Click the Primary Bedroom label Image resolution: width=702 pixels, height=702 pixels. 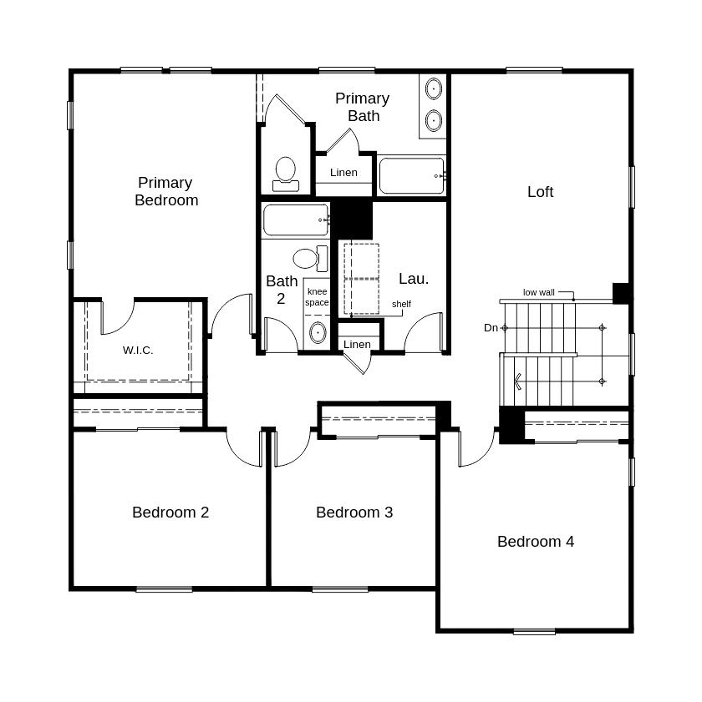(166, 191)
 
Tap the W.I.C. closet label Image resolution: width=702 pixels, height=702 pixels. (138, 351)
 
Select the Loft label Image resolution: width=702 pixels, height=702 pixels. (540, 192)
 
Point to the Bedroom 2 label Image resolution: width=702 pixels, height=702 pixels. (170, 513)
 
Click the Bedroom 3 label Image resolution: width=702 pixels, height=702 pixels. (354, 513)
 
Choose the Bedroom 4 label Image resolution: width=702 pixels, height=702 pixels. (536, 542)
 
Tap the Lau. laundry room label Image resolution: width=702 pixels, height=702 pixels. (414, 279)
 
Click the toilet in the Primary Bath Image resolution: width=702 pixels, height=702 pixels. (286, 172)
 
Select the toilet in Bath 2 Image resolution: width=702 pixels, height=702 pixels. (306, 257)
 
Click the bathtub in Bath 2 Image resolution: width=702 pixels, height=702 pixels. (295, 220)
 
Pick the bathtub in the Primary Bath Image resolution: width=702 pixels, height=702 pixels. (411, 176)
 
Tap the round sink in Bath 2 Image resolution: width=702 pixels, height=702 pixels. (318, 333)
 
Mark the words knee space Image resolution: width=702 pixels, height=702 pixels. (317, 297)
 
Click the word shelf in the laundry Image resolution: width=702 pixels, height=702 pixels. (401, 304)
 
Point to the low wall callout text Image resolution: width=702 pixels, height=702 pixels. (539, 292)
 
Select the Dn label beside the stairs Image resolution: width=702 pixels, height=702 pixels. (491, 328)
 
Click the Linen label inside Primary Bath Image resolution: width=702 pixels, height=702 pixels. (343, 173)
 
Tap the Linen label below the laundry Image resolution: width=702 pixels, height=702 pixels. (357, 345)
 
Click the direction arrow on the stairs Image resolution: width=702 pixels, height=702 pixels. (518, 381)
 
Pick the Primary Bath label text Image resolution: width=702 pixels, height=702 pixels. (363, 107)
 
